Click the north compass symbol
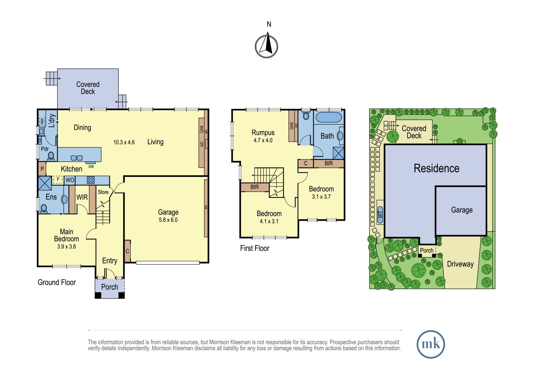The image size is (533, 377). [266, 45]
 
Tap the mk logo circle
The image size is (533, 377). [431, 344]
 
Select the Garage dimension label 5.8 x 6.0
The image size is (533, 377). [168, 220]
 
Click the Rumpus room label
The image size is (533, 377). [263, 133]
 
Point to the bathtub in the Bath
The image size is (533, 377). [329, 117]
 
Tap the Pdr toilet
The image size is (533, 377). [51, 156]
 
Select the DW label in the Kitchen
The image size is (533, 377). [91, 167]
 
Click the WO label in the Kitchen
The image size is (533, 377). [70, 180]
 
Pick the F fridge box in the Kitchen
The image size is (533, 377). [58, 180]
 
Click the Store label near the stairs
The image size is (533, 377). [103, 192]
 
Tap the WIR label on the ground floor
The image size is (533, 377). [82, 197]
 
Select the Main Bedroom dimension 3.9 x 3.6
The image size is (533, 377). [67, 247]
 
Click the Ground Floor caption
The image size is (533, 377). [57, 282]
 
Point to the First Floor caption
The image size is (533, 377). [255, 248]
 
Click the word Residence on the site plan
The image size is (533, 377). [437, 168]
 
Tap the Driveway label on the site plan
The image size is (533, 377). [460, 264]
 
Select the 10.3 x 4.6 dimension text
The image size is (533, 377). [124, 142]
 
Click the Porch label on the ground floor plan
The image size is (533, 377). [110, 287]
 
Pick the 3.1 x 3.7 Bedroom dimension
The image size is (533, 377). [321, 197]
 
